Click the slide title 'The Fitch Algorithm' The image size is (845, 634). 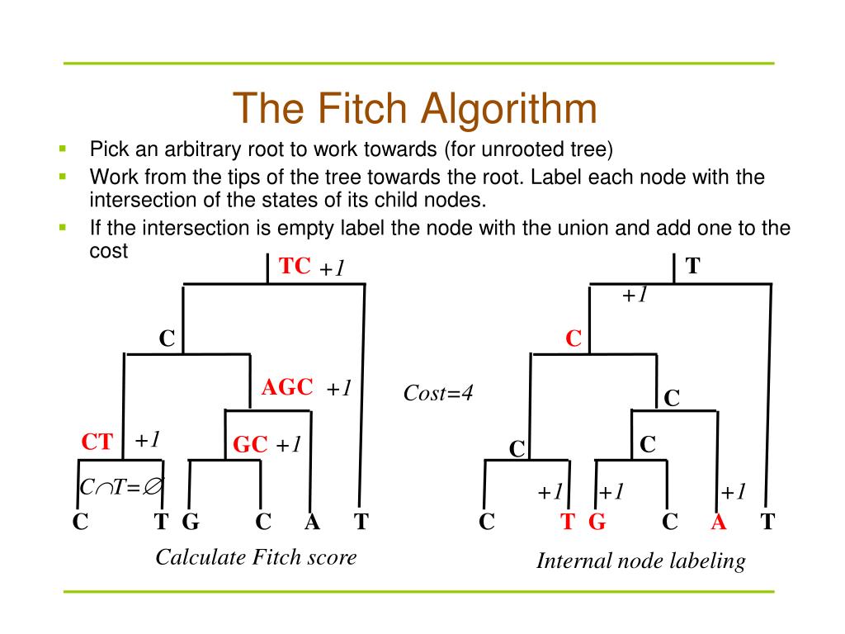pyautogui.click(x=414, y=110)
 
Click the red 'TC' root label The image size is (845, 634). pyautogui.click(x=295, y=266)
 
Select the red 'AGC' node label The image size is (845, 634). pyautogui.click(x=287, y=387)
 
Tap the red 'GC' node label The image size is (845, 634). pyautogui.click(x=250, y=445)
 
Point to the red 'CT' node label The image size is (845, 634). pyautogui.click(x=97, y=442)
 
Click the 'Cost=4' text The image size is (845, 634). pyautogui.click(x=438, y=393)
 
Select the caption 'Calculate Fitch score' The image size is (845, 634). pyautogui.click(x=256, y=557)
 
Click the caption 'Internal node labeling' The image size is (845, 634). pyautogui.click(x=640, y=561)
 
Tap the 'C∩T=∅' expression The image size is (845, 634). pyautogui.click(x=120, y=488)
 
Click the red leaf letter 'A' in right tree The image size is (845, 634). pyautogui.click(x=718, y=522)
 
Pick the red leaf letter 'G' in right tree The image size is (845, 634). pyautogui.click(x=597, y=522)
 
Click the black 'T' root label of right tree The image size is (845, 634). pyautogui.click(x=693, y=266)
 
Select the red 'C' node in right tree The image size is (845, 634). pyautogui.click(x=574, y=338)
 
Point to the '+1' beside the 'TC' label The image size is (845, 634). pyautogui.click(x=331, y=268)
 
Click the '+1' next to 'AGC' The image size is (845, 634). pyautogui.click(x=339, y=388)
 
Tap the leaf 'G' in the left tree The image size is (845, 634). pyautogui.click(x=190, y=522)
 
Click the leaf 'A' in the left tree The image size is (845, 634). pyautogui.click(x=311, y=522)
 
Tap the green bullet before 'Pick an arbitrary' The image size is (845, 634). pyautogui.click(x=62, y=149)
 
